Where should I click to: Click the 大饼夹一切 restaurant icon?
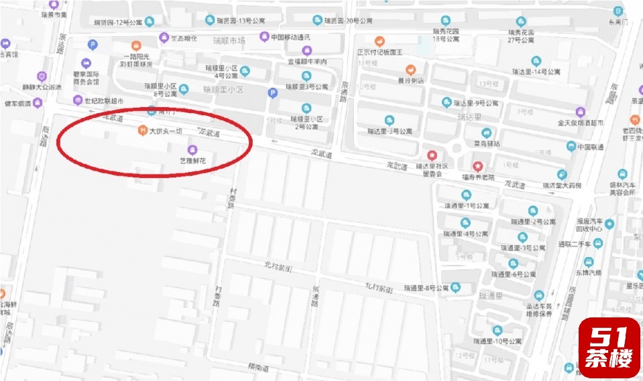coord(141,129)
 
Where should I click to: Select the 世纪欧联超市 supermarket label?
coord(99,101)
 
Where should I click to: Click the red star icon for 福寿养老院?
coord(478,166)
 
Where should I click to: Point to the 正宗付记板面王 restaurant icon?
coord(379,41)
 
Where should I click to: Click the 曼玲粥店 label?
coord(411,81)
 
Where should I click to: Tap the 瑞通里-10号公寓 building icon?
coord(497,330)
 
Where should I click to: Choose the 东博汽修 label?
coord(589,272)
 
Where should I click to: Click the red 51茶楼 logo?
coord(609,347)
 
